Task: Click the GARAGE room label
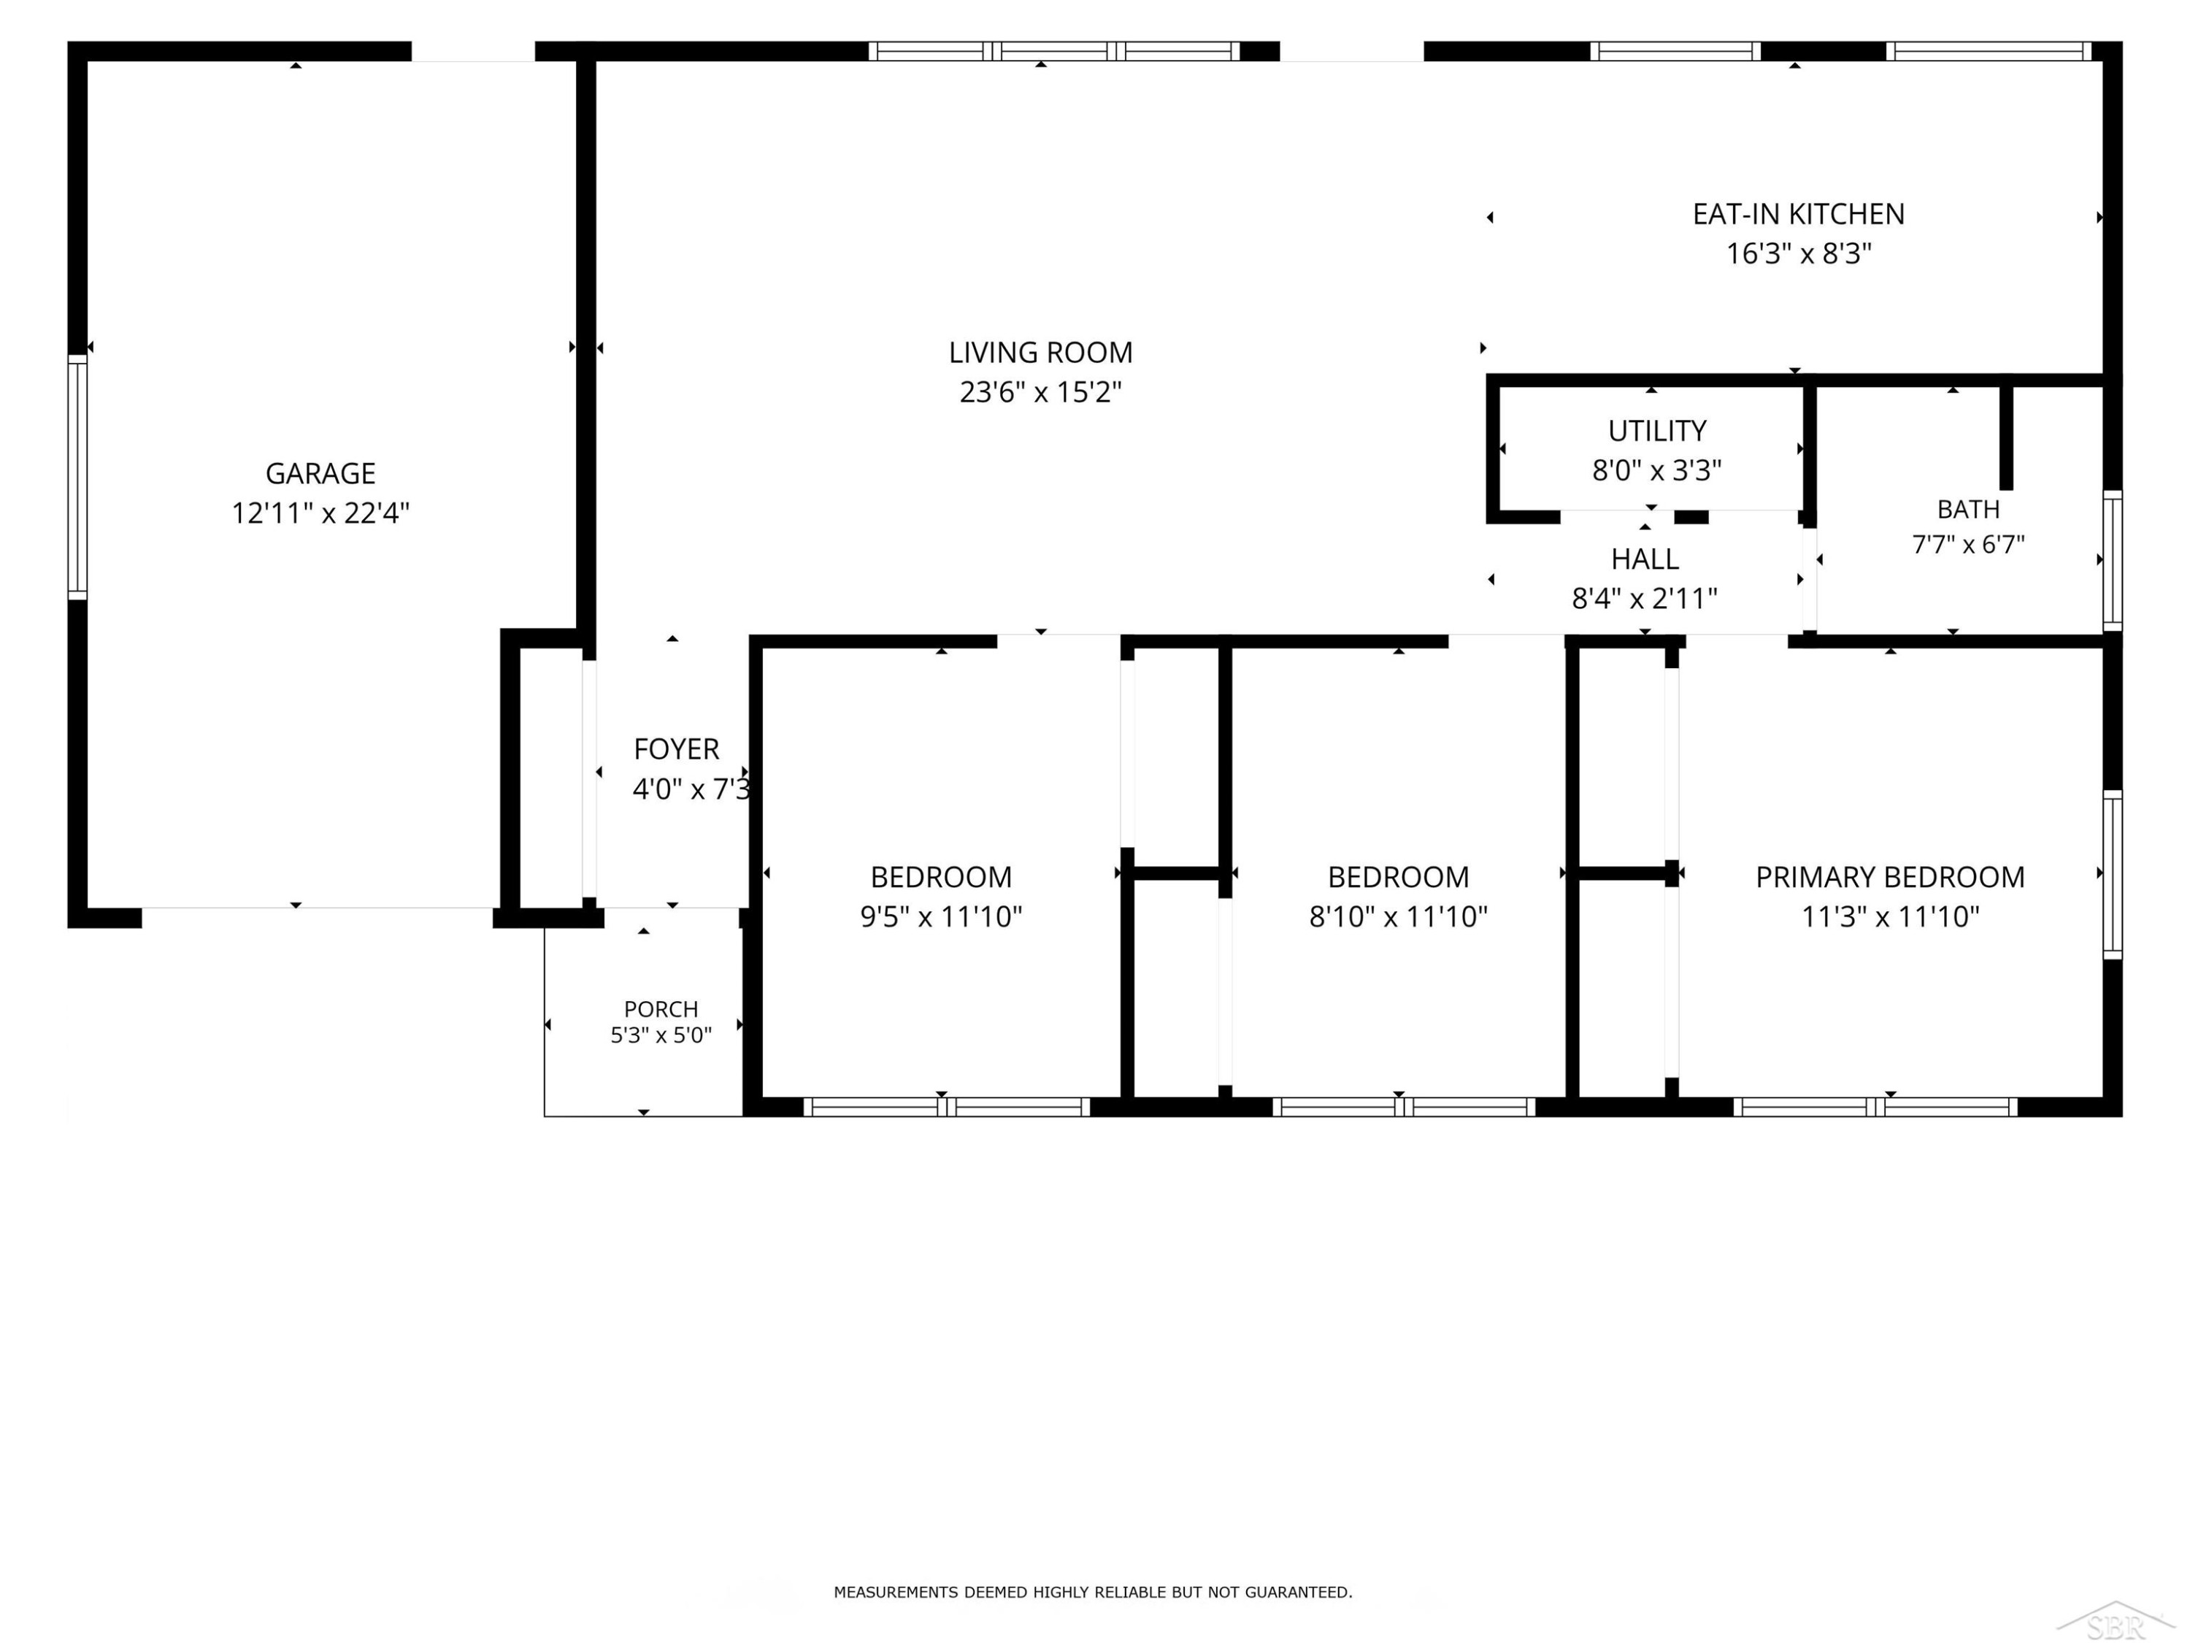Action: pyautogui.click(x=320, y=473)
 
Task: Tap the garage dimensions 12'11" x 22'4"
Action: pyautogui.click(x=320, y=513)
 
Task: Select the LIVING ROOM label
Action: pyautogui.click(x=1040, y=353)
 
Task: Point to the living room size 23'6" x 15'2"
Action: pyautogui.click(x=1040, y=392)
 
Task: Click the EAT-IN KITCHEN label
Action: pyautogui.click(x=1798, y=214)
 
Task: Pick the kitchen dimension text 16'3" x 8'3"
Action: pyautogui.click(x=1798, y=253)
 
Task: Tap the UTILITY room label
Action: pyautogui.click(x=1656, y=431)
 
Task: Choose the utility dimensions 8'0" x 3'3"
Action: pyautogui.click(x=1656, y=470)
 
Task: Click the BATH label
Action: pyautogui.click(x=1968, y=509)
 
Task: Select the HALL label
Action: pyautogui.click(x=1645, y=559)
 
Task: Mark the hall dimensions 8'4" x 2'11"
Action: pyautogui.click(x=1645, y=598)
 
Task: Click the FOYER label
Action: pyautogui.click(x=676, y=748)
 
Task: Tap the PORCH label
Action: pyautogui.click(x=661, y=1009)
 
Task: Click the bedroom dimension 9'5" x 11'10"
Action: pyautogui.click(x=940, y=916)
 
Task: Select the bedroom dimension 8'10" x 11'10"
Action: pyautogui.click(x=1398, y=916)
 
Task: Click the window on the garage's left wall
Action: pyautogui.click(x=77, y=478)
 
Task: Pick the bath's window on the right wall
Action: pyautogui.click(x=2112, y=561)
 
